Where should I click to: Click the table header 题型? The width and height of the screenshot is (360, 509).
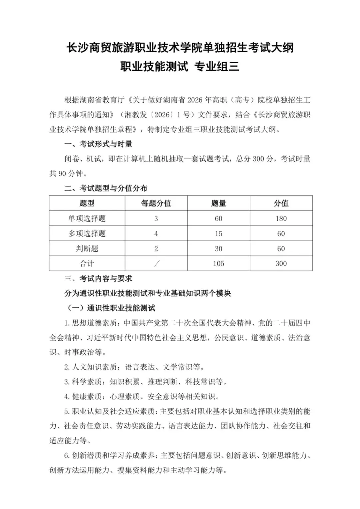[x=87, y=203]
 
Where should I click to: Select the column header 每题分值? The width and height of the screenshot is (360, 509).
[x=156, y=203]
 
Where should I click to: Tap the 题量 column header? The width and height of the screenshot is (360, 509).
[x=219, y=203]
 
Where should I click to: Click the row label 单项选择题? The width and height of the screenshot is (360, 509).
[x=87, y=219]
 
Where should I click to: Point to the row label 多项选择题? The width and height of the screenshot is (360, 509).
[x=87, y=234]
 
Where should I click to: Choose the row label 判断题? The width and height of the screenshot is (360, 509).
[x=87, y=249]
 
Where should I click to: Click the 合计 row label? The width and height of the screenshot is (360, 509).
[x=87, y=264]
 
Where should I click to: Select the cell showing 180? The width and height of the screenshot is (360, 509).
[x=281, y=219]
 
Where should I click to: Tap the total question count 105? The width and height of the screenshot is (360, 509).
[x=219, y=264]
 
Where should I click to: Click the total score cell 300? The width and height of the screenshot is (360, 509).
[x=281, y=264]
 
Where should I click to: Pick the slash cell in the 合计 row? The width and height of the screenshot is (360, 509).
[x=156, y=264]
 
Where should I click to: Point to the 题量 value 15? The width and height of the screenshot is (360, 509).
[x=219, y=234]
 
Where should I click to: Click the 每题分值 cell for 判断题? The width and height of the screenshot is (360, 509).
[x=156, y=249]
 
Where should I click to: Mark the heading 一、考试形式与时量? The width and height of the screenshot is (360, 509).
[x=98, y=144]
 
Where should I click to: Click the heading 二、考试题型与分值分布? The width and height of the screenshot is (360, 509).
[x=106, y=188]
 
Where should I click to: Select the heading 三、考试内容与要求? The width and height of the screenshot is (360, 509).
[x=98, y=279]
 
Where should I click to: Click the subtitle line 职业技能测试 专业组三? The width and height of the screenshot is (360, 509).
[x=180, y=67]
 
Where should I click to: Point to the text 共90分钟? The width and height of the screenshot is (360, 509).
[x=68, y=174]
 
